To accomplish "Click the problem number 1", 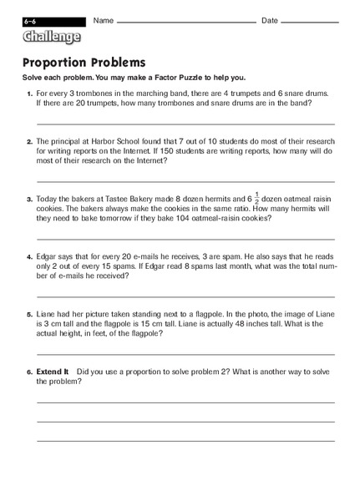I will tap(29, 94).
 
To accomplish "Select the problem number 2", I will tap(29, 143).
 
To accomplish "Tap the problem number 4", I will tap(29, 258).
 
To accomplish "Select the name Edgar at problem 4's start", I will tap(49, 258).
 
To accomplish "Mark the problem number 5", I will tap(29, 315).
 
